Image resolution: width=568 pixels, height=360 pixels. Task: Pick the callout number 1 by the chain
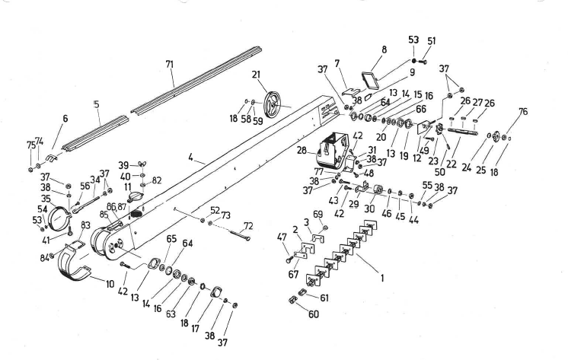pos(382,278)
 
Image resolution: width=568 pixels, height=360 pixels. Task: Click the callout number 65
pos(170,239)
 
